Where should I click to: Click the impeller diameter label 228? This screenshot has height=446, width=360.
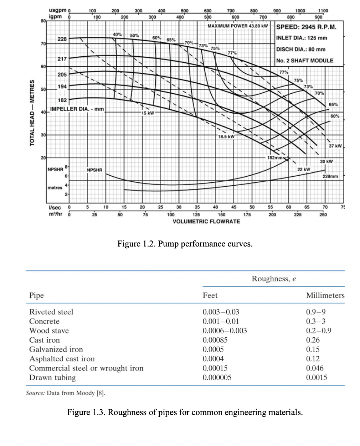tap(62, 39)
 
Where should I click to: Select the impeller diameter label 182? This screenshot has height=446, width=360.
tap(62, 100)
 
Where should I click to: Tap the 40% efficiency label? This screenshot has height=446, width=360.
tap(117, 34)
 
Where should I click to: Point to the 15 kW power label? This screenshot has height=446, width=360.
tap(148, 113)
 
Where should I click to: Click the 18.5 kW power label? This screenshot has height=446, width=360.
tap(226, 136)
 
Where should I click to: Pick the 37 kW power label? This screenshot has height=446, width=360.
tap(335, 146)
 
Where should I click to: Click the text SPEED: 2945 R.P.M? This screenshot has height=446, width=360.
tap(306, 27)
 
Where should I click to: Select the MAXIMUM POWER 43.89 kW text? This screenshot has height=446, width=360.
tap(237, 26)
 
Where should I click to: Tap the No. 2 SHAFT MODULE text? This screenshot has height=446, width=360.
tap(305, 61)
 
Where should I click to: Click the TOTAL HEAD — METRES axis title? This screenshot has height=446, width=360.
tap(32, 112)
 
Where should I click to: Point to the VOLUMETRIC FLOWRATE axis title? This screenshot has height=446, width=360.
tap(206, 222)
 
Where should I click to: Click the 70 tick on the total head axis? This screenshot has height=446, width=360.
tap(43, 44)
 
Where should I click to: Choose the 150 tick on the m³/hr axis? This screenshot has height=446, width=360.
tap(221, 214)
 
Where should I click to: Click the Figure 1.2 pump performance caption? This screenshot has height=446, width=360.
tap(185, 244)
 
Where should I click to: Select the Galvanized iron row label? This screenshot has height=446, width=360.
tap(56, 349)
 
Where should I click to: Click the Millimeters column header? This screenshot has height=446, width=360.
tap(325, 295)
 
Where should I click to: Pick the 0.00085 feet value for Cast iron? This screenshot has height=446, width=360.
tap(215, 340)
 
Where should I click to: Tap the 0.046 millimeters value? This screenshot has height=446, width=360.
tap(315, 368)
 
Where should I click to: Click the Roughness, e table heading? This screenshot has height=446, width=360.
tap(273, 279)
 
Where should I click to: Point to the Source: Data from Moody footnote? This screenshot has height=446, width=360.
tap(65, 393)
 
